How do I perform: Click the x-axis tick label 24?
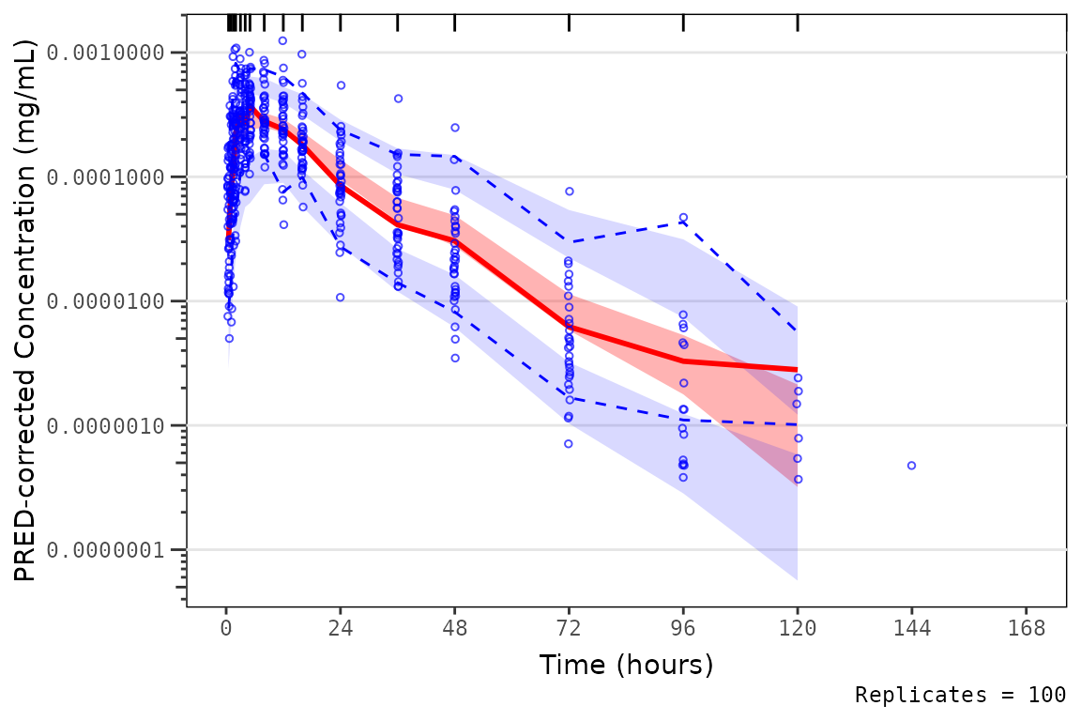click(341, 628)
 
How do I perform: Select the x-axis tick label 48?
click(455, 628)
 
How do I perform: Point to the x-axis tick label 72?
click(569, 628)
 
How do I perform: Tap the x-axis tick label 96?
click(683, 628)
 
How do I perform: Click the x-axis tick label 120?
click(798, 628)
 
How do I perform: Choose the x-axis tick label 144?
click(911, 628)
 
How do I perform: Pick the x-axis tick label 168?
click(1026, 628)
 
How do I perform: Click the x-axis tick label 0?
click(226, 628)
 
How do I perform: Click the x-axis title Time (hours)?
click(626, 665)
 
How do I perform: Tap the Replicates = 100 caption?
click(960, 696)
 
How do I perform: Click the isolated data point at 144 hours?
click(911, 466)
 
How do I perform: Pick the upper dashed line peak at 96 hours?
click(683, 222)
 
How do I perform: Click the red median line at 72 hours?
click(569, 327)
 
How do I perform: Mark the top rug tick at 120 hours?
click(798, 23)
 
